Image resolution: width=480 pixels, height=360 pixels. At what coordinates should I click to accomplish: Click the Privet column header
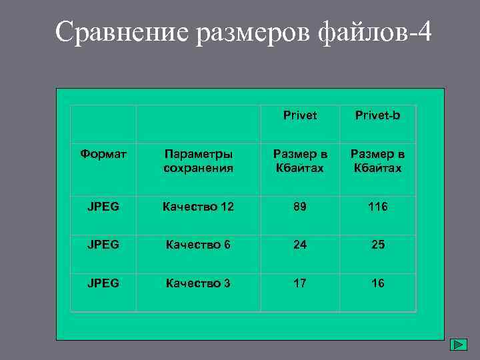[300, 115]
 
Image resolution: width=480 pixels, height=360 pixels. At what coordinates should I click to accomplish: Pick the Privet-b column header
[377, 115]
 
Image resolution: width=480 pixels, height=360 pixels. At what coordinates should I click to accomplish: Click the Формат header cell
[103, 155]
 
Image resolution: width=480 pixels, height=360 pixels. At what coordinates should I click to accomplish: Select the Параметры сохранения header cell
[199, 161]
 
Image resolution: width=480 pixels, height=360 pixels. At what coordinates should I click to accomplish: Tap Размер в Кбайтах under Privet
[300, 161]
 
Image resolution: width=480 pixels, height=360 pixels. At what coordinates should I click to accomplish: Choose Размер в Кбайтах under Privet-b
[377, 161]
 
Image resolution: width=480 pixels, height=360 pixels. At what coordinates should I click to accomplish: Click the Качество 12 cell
[199, 207]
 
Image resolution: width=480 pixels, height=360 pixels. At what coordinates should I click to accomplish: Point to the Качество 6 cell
[197, 245]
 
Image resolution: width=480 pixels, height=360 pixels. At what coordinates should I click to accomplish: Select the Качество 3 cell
[197, 283]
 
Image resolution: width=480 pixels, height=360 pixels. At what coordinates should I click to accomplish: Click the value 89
[300, 207]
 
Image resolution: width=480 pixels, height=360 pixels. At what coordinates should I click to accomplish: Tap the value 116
[377, 207]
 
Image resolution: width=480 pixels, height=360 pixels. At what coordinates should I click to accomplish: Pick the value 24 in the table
[300, 245]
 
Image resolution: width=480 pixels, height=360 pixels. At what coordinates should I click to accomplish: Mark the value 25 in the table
[377, 245]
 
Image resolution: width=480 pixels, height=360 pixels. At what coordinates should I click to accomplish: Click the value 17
[300, 283]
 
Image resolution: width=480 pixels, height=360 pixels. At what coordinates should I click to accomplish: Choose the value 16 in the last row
[377, 283]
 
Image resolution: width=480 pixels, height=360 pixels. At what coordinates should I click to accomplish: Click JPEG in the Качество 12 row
[103, 207]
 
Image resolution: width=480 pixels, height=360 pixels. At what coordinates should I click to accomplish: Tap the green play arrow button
[458, 345]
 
